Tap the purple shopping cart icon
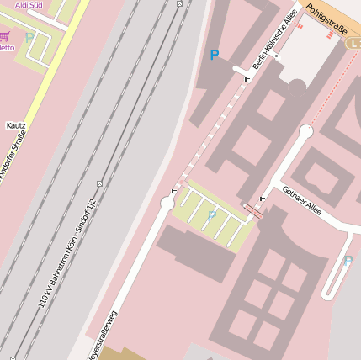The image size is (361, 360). pyautogui.click(x=5, y=36)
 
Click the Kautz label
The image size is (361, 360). pyautogui.click(x=16, y=125)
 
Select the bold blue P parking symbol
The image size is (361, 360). pyautogui.click(x=215, y=56)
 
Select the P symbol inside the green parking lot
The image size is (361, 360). pyautogui.click(x=212, y=216)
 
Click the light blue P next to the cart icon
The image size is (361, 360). pyautogui.click(x=29, y=38)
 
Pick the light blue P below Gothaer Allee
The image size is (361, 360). pyautogui.click(x=348, y=261)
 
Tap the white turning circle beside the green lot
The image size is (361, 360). pyautogui.click(x=167, y=203)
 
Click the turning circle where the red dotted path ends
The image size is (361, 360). pyautogui.click(x=306, y=130)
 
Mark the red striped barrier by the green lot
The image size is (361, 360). pyautogui.click(x=252, y=209)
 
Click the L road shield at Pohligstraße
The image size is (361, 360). pyautogui.click(x=355, y=42)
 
